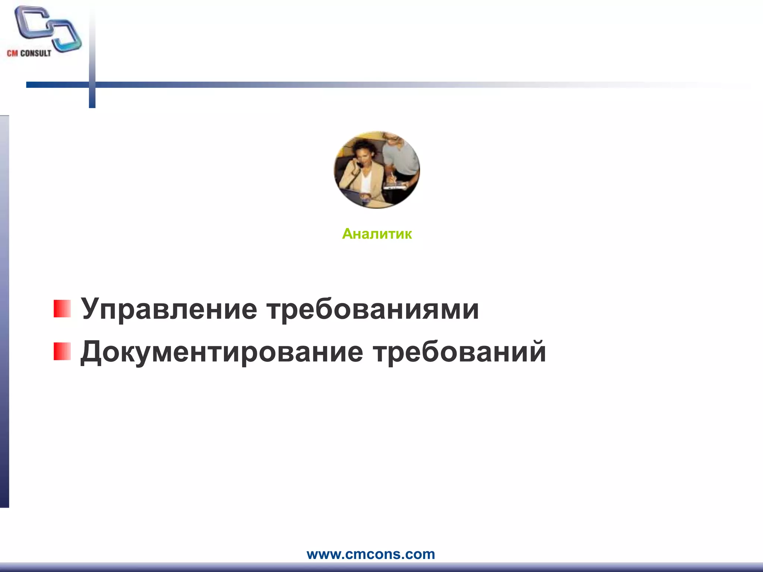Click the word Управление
169,309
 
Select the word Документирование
222,352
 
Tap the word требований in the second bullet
460,352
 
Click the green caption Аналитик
377,234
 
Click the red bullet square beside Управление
62,309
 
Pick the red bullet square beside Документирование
62,352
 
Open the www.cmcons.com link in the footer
371,554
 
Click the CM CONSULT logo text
29,53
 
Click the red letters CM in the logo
12,53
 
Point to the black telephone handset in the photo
359,164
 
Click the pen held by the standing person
392,177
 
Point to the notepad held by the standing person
395,186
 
